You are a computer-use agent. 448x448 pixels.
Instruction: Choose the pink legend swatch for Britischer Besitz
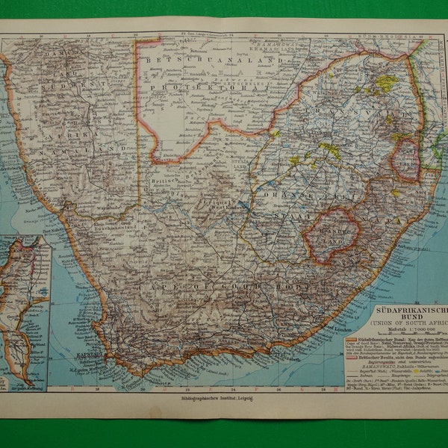pyautogui.click(x=352, y=356)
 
